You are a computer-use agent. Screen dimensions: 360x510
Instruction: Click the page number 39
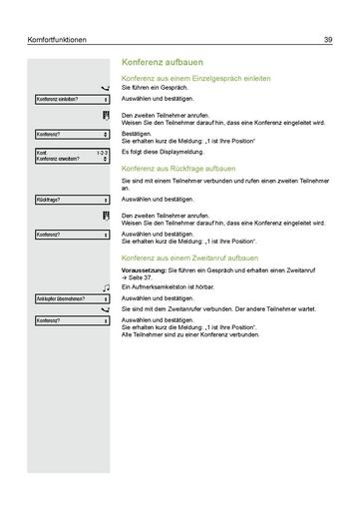point(327,40)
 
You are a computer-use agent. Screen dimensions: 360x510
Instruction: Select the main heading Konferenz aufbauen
point(162,62)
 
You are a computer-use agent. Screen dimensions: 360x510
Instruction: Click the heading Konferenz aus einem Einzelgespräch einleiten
point(194,79)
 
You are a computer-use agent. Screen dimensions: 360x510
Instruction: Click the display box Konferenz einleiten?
point(71,100)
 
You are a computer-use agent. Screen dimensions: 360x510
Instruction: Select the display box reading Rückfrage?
point(71,200)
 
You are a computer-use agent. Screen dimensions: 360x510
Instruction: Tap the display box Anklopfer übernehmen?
point(71,298)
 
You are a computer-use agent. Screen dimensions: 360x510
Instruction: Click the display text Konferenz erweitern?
point(59,158)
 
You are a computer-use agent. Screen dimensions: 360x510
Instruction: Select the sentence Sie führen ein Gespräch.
point(155,89)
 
